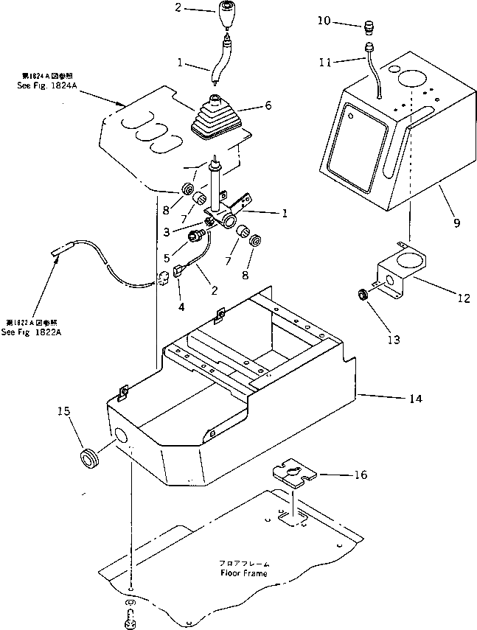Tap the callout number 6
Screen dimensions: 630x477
click(x=268, y=105)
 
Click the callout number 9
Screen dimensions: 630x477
click(x=456, y=222)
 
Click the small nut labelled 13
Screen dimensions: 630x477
click(x=362, y=295)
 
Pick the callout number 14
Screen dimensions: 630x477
click(x=415, y=399)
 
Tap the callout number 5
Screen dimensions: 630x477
click(x=168, y=258)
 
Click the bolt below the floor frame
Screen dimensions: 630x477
click(x=128, y=615)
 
